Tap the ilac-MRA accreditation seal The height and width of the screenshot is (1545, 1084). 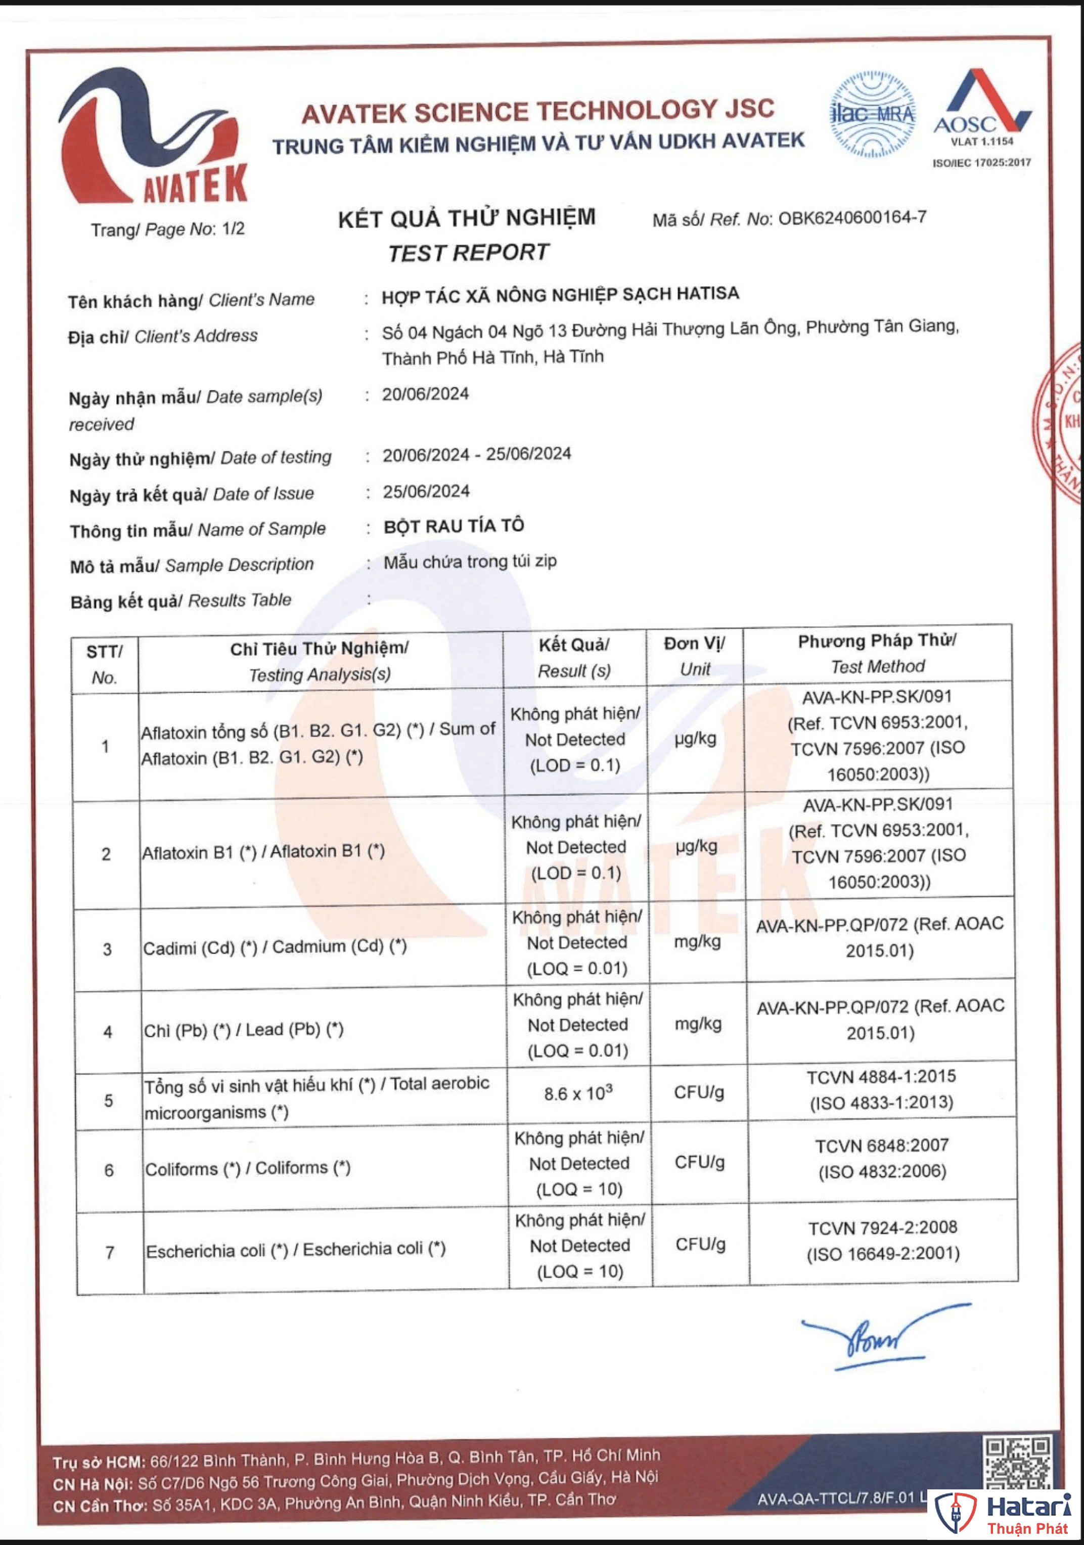pyautogui.click(x=873, y=114)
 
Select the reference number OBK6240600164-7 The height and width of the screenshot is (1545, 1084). pyautogui.click(x=852, y=218)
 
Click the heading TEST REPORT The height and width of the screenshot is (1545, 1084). pyautogui.click(x=468, y=253)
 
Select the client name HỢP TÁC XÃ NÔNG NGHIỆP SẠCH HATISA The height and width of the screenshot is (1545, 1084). pyautogui.click(x=560, y=295)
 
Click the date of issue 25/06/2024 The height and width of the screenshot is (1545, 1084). pyautogui.click(x=426, y=492)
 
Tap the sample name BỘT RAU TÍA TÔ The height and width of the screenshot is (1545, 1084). pyautogui.click(x=454, y=526)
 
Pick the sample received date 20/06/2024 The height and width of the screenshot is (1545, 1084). pyautogui.click(x=425, y=394)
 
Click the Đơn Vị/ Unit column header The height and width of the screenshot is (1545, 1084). pyautogui.click(x=694, y=656)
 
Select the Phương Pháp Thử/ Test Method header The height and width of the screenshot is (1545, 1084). pyautogui.click(x=877, y=653)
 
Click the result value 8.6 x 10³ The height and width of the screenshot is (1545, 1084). pyautogui.click(x=578, y=1094)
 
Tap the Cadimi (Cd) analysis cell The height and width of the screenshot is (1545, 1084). pyautogui.click(x=275, y=947)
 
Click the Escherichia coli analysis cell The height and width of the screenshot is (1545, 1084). pyautogui.click(x=295, y=1250)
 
